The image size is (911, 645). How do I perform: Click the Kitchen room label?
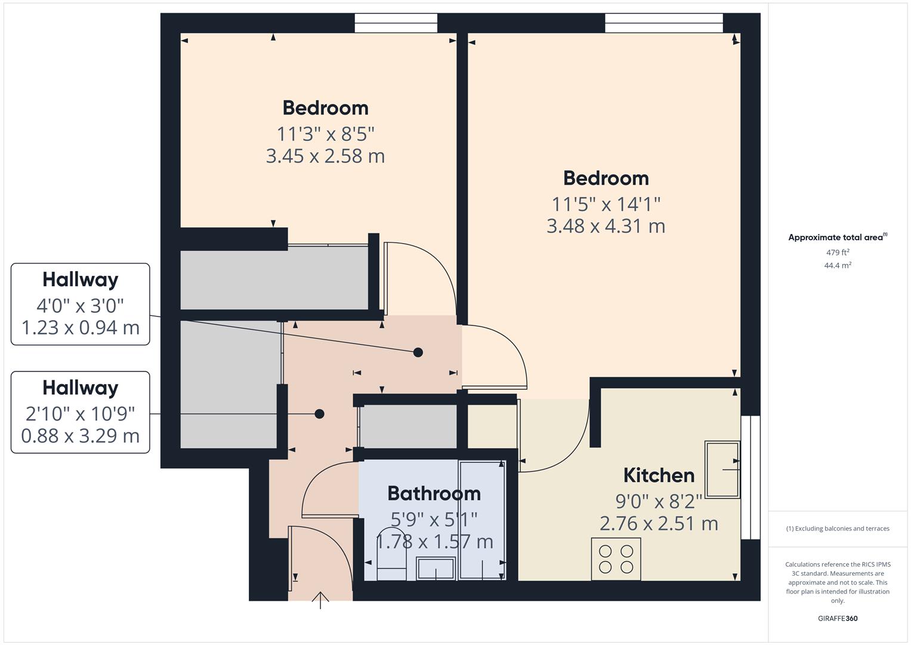click(659, 475)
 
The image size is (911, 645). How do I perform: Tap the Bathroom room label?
click(434, 493)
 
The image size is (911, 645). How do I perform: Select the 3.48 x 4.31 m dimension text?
click(606, 226)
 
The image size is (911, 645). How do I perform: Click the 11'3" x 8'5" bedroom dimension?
click(325, 134)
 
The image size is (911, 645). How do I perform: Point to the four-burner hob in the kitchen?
click(616, 559)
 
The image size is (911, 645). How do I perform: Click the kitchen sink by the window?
click(722, 469)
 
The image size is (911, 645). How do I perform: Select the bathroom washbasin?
click(436, 568)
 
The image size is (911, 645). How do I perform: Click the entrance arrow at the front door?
click(320, 600)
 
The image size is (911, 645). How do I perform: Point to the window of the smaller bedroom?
click(396, 23)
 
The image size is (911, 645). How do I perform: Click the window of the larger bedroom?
click(663, 23)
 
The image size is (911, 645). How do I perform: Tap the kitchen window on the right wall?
click(750, 477)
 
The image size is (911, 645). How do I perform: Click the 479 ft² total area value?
click(838, 253)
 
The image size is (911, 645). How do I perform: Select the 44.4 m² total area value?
click(838, 266)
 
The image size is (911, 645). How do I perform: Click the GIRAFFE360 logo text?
click(838, 618)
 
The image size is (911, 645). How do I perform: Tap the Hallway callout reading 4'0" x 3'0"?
click(80, 305)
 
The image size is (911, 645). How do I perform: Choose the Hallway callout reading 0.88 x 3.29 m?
click(80, 413)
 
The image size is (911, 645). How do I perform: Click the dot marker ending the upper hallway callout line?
click(418, 352)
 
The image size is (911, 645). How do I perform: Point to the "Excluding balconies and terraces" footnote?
click(838, 529)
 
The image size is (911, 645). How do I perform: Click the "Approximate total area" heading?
click(837, 237)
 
